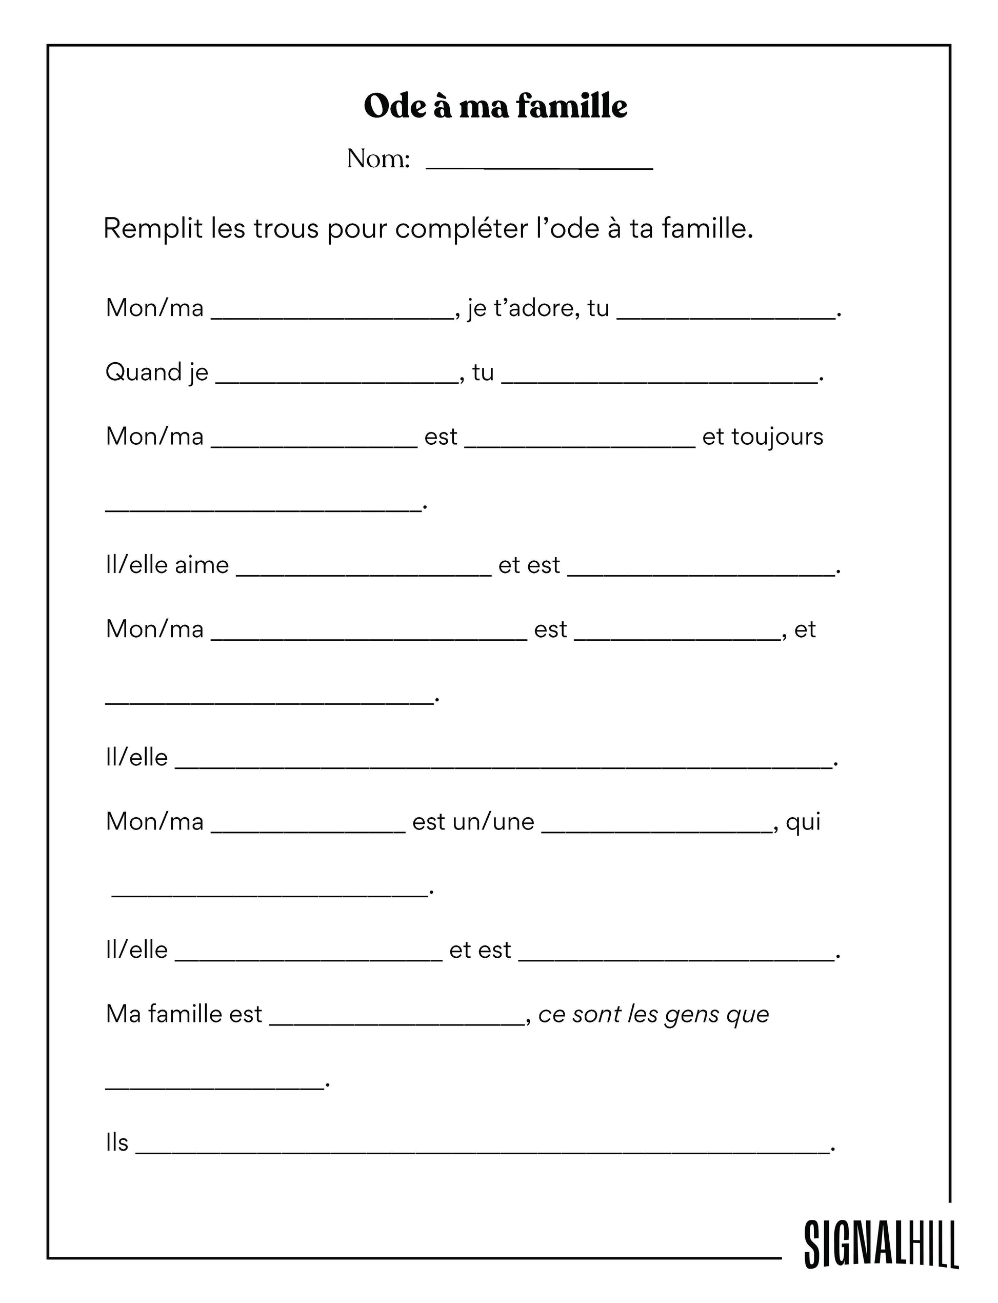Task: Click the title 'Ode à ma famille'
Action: (x=495, y=106)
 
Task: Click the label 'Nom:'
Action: (x=378, y=159)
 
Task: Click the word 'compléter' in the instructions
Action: (x=462, y=229)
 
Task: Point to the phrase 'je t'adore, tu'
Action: (x=538, y=308)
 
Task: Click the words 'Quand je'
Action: (x=157, y=372)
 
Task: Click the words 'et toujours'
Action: (x=763, y=437)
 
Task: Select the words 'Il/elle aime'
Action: (x=167, y=565)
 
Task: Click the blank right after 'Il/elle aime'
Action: (x=364, y=570)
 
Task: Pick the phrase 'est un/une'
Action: (x=473, y=822)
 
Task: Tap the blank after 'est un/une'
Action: (x=657, y=827)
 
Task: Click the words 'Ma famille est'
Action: (x=184, y=1014)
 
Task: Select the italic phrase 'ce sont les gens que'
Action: (x=653, y=1014)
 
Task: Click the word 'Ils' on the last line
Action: (x=117, y=1142)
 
